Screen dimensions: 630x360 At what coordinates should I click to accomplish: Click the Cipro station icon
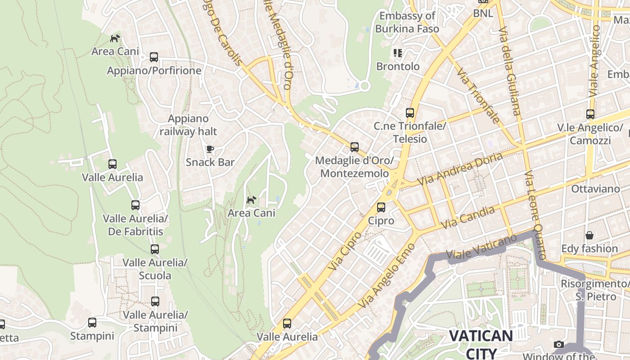click(x=381, y=207)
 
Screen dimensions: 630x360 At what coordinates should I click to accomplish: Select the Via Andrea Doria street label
click(x=460, y=169)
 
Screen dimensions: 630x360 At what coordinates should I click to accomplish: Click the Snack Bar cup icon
click(x=210, y=149)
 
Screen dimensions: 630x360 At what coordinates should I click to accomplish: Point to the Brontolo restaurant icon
click(x=397, y=53)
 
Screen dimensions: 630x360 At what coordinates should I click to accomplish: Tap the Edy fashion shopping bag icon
click(x=589, y=235)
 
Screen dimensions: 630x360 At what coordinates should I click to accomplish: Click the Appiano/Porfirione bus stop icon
click(x=154, y=57)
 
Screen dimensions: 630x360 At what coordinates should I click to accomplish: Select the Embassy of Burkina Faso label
click(x=407, y=22)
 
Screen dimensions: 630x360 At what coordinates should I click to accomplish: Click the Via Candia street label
click(x=468, y=217)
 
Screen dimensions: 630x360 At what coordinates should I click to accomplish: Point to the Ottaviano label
click(x=595, y=189)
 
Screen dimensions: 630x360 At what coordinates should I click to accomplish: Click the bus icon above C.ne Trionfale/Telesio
click(x=409, y=112)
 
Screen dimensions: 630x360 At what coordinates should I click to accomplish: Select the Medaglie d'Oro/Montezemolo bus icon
click(x=355, y=147)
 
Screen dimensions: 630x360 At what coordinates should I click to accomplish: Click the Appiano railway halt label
click(x=188, y=125)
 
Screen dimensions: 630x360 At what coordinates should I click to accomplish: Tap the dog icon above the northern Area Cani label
click(x=115, y=38)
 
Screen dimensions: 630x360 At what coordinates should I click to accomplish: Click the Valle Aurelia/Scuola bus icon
click(x=155, y=249)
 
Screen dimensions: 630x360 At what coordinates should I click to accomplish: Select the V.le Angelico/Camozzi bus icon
click(x=590, y=114)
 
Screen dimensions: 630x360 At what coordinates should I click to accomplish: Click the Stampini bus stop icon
click(x=92, y=323)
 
